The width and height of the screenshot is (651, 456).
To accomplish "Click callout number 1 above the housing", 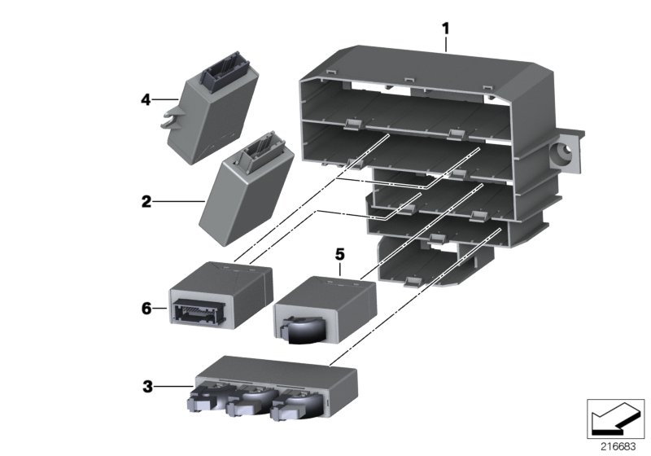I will (445, 29).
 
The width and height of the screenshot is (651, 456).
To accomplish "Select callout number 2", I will (146, 200).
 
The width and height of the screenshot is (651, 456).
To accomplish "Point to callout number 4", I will (146, 100).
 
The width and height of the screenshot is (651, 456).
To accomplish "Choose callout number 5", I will (340, 253).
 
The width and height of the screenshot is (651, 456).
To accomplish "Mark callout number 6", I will (146, 308).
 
